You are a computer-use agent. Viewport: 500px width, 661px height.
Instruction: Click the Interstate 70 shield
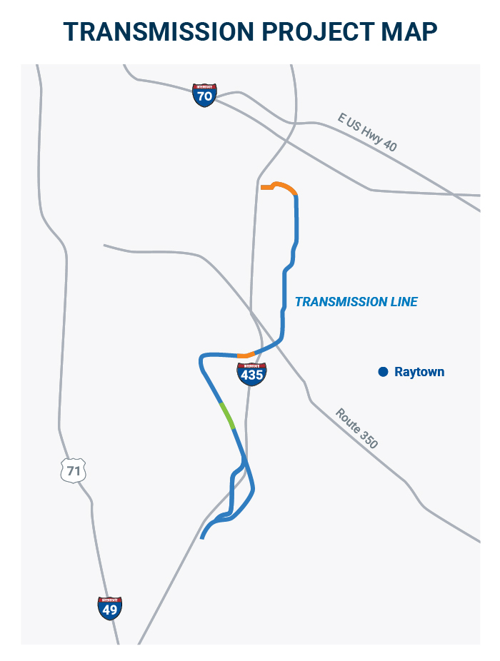204,94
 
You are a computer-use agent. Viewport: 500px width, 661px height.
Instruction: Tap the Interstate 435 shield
251,373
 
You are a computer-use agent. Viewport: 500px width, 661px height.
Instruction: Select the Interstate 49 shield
109,607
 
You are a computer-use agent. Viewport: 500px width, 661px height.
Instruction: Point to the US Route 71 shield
73,470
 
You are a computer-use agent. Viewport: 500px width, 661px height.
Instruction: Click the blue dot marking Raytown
383,371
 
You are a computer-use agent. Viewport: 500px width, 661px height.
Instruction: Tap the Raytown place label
419,372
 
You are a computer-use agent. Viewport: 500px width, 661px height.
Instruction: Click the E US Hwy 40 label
367,132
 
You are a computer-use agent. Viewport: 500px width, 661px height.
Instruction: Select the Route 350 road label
356,428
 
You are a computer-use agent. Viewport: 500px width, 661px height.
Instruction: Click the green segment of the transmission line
227,415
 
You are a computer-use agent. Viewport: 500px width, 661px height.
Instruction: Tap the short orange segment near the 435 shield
245,355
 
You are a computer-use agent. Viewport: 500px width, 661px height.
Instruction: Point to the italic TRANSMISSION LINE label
356,302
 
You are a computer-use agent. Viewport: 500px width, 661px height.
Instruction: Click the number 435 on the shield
251,375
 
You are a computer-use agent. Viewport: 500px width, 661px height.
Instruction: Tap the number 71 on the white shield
73,471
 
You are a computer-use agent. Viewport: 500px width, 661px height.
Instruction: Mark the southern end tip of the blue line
203,538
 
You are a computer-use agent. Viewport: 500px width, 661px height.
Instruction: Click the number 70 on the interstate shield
204,96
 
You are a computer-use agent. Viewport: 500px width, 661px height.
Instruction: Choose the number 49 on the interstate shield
109,610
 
